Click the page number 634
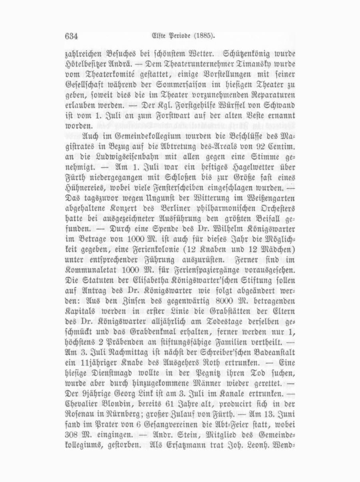(71, 36)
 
